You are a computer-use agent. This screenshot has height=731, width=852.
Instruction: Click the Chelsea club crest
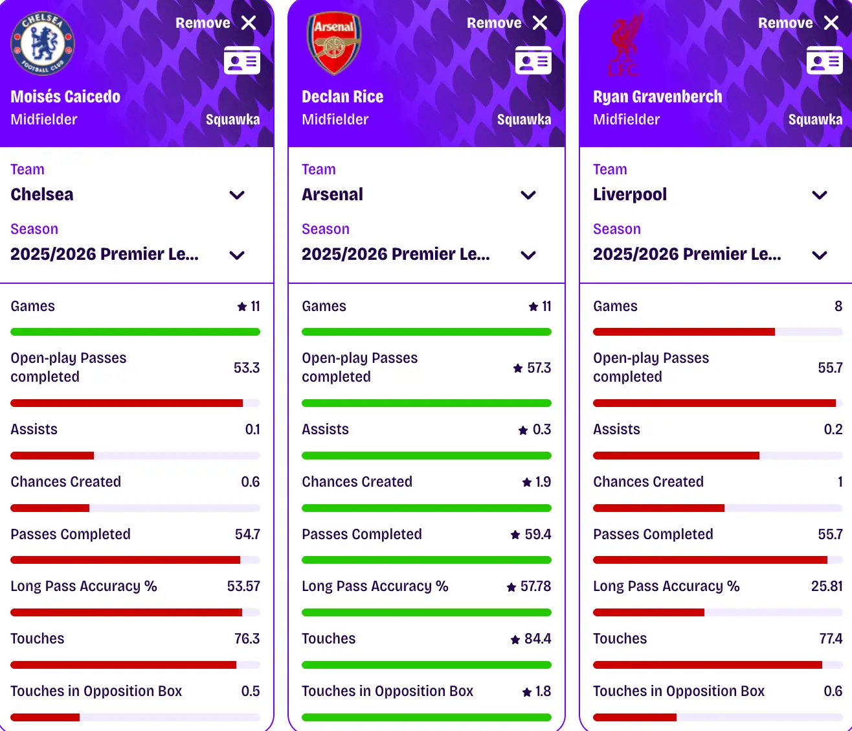43,43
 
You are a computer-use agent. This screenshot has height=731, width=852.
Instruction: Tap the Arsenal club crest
333,43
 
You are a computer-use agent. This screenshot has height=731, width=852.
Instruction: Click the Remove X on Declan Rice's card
540,23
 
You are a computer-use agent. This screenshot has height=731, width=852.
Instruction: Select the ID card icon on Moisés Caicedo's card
241,60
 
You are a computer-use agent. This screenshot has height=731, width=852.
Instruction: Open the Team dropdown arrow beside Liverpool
820,195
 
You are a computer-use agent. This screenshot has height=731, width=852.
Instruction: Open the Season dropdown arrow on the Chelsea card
237,255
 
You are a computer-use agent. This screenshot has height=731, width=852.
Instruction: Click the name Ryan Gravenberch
657,97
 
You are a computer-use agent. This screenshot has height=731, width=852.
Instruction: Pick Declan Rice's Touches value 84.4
537,639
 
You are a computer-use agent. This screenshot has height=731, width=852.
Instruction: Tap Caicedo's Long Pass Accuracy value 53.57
243,586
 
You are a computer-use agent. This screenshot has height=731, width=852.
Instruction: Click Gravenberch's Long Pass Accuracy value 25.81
827,586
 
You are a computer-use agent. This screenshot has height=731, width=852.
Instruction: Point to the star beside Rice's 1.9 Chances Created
527,482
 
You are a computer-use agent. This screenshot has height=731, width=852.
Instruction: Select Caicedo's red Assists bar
52,456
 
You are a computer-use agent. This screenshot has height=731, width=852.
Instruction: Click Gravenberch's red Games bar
684,332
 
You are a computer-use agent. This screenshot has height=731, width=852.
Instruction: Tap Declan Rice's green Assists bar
426,456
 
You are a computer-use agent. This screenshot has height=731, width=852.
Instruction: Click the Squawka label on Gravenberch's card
815,119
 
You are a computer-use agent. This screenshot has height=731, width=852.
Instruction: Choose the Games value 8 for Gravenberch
838,307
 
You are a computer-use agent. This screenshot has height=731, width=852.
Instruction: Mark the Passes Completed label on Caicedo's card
71,534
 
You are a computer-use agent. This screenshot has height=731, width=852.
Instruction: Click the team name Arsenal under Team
332,194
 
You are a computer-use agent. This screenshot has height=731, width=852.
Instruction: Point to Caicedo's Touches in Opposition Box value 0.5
251,691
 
